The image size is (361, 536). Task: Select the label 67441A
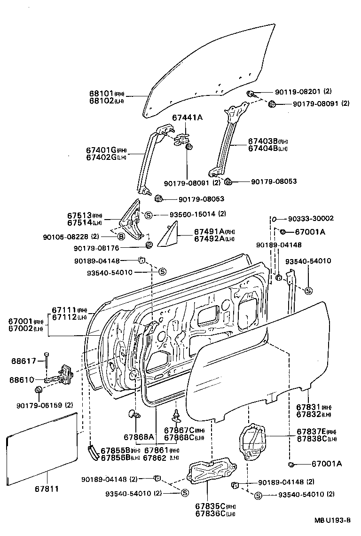click(187, 118)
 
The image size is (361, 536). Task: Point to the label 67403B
click(263, 141)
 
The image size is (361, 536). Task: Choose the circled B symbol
click(121, 236)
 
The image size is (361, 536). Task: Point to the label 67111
click(63, 310)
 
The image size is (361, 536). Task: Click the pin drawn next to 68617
click(47, 362)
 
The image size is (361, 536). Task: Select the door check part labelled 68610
click(59, 377)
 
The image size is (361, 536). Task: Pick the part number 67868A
click(139, 437)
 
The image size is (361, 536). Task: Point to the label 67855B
click(114, 449)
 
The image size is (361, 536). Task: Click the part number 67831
click(308, 407)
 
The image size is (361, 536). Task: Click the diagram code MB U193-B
click(332, 520)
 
